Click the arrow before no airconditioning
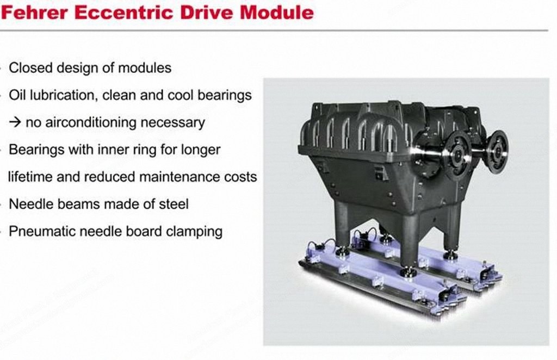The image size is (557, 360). pos(15,122)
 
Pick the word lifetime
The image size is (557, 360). pos(30,176)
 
